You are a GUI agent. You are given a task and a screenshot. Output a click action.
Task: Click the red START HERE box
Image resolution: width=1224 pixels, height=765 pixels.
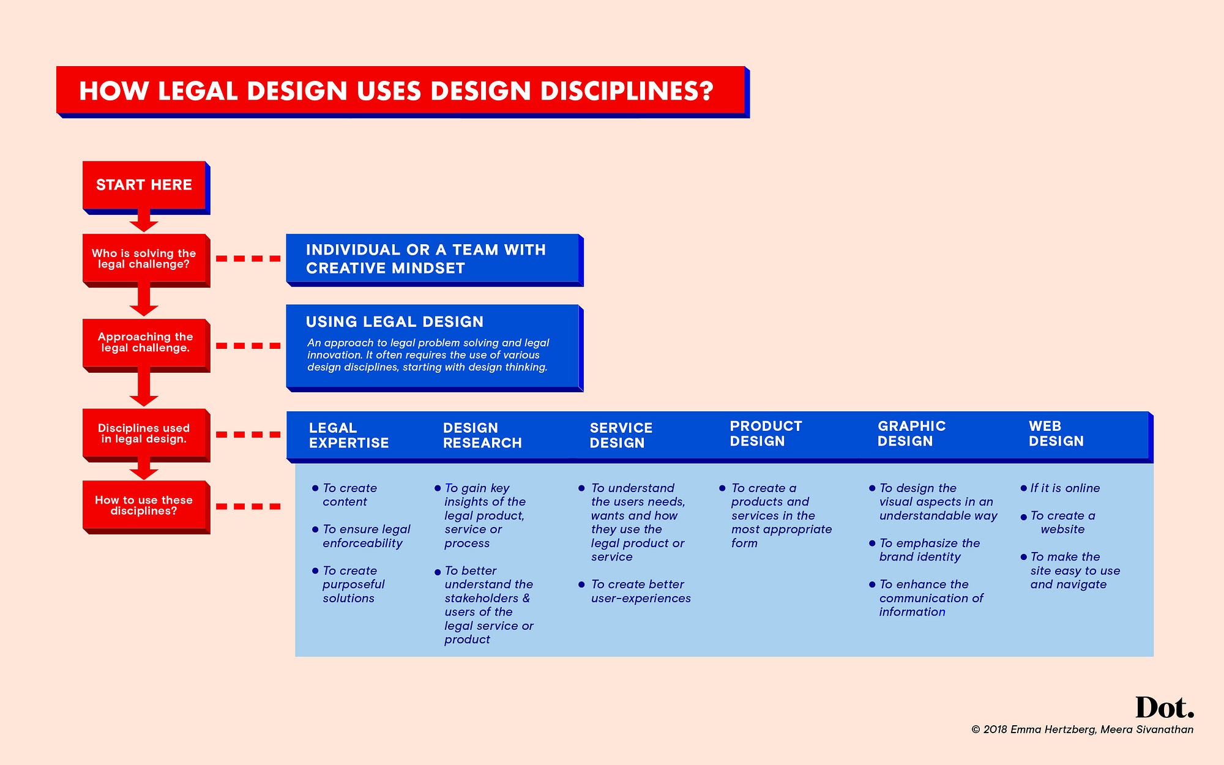[146, 187]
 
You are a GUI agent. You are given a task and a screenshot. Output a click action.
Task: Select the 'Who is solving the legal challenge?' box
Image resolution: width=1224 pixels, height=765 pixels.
[146, 259]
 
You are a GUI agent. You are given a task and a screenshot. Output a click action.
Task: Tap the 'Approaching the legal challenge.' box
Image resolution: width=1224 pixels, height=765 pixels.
[146, 345]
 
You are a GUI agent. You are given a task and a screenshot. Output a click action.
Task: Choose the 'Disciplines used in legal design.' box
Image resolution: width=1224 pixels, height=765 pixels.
[146, 435]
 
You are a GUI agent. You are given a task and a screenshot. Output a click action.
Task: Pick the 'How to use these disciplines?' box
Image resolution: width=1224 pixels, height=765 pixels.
[146, 507]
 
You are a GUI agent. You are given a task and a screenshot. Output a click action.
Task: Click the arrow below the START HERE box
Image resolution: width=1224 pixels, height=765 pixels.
[144, 221]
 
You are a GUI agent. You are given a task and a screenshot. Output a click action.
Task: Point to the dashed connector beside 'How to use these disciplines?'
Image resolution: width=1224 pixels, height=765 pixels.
[248, 507]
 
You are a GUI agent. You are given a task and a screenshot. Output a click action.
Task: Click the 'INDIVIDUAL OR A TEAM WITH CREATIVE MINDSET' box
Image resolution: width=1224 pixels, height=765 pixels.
[435, 259]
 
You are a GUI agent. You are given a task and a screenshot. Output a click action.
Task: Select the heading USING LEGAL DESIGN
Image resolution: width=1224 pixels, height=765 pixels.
[395, 322]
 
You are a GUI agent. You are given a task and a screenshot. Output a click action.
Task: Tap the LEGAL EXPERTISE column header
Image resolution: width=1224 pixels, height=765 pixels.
[349, 435]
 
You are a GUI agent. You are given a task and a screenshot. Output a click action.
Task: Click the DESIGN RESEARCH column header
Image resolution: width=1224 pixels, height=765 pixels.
[482, 435]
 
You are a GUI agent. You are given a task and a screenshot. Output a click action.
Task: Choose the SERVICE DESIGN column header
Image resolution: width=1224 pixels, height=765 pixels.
[621, 435]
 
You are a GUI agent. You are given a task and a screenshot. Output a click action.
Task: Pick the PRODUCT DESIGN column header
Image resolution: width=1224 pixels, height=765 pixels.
[766, 433]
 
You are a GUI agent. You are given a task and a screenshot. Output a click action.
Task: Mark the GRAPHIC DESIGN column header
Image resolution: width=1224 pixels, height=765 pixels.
[911, 433]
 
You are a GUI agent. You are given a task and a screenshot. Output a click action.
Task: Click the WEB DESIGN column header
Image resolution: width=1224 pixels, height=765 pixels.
[1056, 433]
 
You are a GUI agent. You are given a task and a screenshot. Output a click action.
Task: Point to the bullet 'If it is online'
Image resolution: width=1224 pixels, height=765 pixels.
[1060, 488]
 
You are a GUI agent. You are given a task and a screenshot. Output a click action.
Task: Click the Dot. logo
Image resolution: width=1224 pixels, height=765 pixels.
[1165, 708]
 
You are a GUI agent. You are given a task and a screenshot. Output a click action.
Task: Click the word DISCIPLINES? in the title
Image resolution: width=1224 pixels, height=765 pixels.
[627, 91]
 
